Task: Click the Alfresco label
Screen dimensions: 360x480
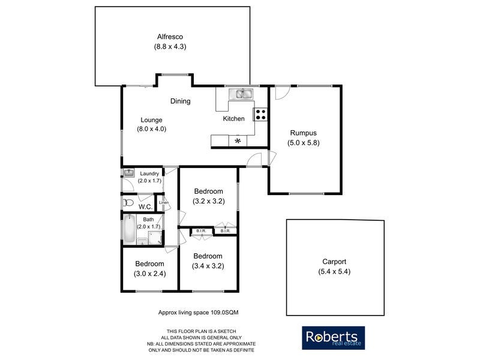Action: pyautogui.click(x=170, y=36)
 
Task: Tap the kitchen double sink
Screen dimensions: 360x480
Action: pyautogui.click(x=242, y=94)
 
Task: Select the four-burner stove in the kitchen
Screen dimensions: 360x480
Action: pyautogui.click(x=261, y=115)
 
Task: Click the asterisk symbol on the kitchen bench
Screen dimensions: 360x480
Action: pyautogui.click(x=238, y=141)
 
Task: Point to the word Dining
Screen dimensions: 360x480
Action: pyautogui.click(x=180, y=101)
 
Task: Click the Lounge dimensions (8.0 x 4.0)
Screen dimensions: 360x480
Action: pyautogui.click(x=151, y=128)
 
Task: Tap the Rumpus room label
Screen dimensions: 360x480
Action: pyautogui.click(x=303, y=133)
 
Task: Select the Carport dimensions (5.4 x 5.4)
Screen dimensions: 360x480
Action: pyautogui.click(x=334, y=271)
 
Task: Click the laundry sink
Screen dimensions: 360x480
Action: pyautogui.click(x=128, y=173)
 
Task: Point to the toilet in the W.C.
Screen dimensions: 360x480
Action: pyautogui.click(x=125, y=202)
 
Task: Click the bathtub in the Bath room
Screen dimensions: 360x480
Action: pyautogui.click(x=129, y=229)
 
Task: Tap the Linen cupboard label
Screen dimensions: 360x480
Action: pyautogui.click(x=163, y=203)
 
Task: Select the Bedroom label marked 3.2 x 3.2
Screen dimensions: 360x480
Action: pyautogui.click(x=209, y=191)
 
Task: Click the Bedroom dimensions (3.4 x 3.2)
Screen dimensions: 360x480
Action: pyautogui.click(x=208, y=266)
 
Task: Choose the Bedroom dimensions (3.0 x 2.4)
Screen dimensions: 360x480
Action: pyautogui.click(x=149, y=274)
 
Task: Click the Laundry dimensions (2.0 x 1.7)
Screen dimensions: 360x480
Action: pyautogui.click(x=149, y=181)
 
